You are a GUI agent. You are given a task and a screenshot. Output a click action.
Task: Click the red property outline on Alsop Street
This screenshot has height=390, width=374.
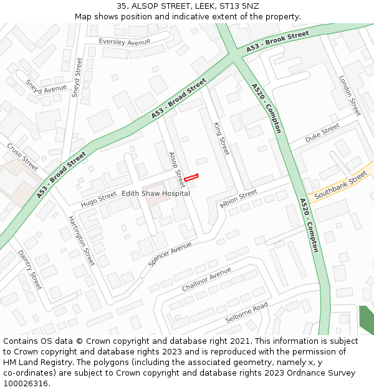[x=191, y=178]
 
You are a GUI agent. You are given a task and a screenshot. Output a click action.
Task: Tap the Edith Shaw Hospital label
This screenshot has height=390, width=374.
[x=156, y=194]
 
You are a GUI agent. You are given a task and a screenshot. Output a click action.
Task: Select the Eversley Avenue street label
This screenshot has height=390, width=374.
[x=125, y=42]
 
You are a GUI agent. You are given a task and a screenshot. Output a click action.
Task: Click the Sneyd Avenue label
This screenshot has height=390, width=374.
[x=46, y=87]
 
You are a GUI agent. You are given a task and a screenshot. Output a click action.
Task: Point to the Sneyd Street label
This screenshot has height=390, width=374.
[x=77, y=77]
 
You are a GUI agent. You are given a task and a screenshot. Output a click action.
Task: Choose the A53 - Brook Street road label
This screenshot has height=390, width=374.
[x=277, y=41]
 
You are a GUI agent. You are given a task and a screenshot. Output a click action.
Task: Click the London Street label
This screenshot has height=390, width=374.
[x=350, y=95]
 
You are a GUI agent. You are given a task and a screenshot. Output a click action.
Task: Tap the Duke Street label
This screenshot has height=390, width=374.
[x=322, y=132]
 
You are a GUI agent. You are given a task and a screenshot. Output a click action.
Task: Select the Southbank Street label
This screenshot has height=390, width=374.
[x=340, y=186]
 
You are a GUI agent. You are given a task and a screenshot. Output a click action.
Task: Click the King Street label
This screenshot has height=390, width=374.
[x=222, y=139]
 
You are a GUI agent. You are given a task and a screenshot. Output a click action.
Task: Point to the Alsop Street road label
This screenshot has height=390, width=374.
[x=177, y=169]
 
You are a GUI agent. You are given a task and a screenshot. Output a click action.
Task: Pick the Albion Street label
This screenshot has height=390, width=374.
[x=239, y=197]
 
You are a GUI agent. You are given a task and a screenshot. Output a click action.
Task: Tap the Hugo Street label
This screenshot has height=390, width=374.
[x=98, y=199]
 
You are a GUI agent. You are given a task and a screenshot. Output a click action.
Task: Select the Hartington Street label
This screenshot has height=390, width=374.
[x=82, y=240]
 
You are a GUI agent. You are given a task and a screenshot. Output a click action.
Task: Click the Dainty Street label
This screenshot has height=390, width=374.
[x=30, y=270]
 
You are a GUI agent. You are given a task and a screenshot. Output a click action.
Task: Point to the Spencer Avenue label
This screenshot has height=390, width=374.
[x=170, y=254]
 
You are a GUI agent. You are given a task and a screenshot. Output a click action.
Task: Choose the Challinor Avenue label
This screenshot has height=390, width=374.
[x=206, y=280]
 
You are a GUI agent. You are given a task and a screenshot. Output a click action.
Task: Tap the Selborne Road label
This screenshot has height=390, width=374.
[x=246, y=312]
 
